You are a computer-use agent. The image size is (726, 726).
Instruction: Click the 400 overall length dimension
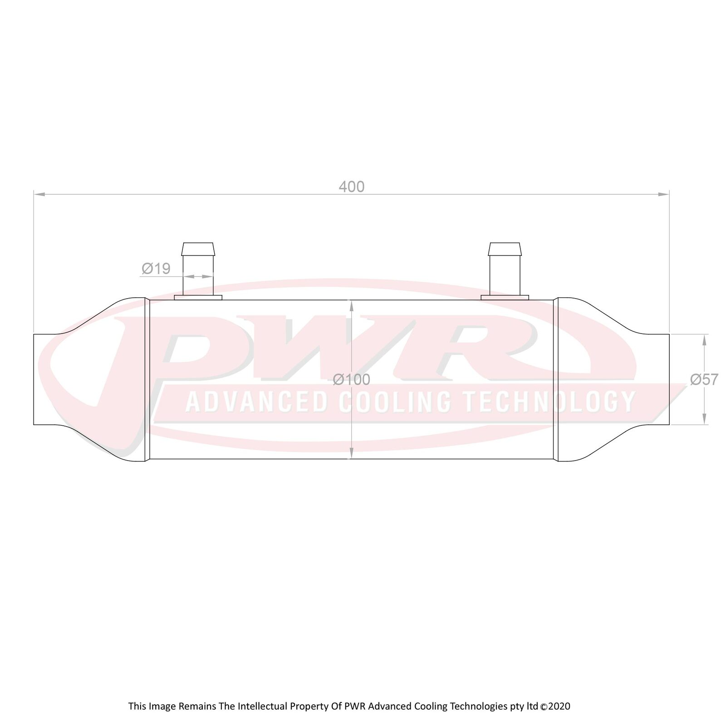coord(352,187)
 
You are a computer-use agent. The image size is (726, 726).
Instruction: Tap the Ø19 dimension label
coord(156,269)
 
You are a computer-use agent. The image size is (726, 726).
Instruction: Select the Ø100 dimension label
coord(352,379)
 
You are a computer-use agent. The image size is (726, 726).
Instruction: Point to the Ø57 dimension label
coord(704,379)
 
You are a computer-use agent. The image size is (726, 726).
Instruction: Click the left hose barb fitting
coord(198,269)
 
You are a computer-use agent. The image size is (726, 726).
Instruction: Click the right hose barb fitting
coord(505,269)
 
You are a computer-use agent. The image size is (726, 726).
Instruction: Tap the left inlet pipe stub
coord(44,379)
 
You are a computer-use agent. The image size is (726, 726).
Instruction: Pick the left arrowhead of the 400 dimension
coord(39,194)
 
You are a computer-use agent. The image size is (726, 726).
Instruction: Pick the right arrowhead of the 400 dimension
coord(663,194)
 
